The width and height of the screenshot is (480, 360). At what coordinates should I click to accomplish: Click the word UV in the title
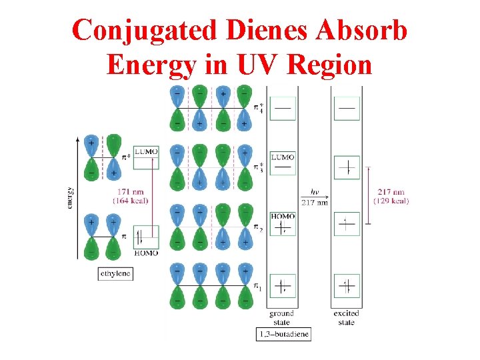(263, 65)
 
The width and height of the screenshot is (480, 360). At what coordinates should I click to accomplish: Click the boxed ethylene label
(115, 273)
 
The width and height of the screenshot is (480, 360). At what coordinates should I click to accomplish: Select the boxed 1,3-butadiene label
(283, 333)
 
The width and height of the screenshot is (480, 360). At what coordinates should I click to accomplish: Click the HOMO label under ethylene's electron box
(146, 253)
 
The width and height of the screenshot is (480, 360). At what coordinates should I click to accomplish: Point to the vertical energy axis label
(71, 197)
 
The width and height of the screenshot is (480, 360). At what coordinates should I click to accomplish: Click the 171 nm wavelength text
(130, 192)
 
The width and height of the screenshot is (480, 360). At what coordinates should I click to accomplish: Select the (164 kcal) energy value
(130, 200)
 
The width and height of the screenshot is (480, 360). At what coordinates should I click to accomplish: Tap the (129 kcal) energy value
(391, 201)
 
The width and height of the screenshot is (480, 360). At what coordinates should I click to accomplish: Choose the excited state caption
(346, 317)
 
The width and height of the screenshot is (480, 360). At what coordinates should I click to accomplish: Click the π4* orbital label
(259, 107)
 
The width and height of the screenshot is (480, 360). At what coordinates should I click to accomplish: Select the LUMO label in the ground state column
(283, 157)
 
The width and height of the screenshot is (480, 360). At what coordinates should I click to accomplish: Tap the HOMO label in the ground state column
(282, 216)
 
